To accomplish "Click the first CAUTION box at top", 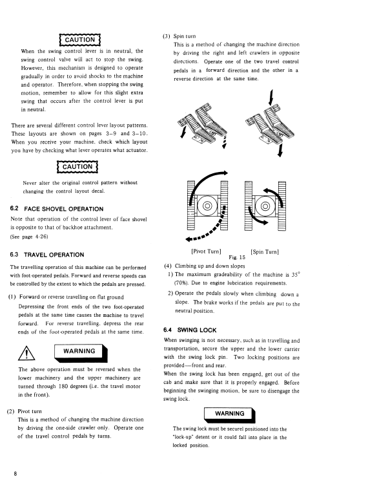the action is tap(79, 40).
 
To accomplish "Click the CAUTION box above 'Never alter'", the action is tap(77, 167).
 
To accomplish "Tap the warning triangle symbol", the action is tap(26, 353).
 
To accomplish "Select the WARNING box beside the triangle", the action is tap(81, 353).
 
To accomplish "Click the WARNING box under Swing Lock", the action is tap(230, 415).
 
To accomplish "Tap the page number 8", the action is tap(15, 474).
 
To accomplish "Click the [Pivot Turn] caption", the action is tap(206, 251).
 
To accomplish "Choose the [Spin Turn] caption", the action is tap(265, 251).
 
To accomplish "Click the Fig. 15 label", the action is tap(237, 257).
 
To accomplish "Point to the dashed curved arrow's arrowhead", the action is tap(189, 239).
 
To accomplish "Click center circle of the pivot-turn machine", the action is tap(207, 206).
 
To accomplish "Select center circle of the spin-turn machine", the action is tap(265, 206).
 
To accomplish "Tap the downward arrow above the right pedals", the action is tap(271, 97).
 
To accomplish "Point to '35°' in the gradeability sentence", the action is tap(295, 274).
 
